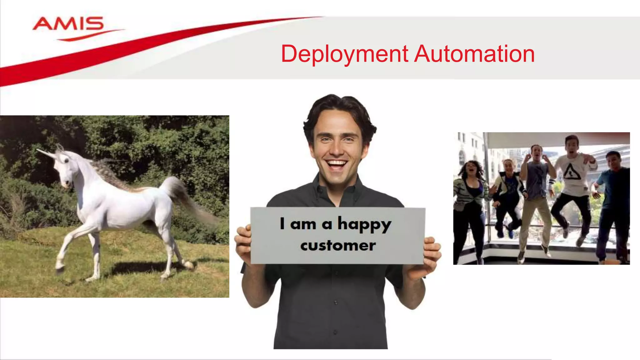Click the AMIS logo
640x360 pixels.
68,24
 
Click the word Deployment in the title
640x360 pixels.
344,54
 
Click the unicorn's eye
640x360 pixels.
66,160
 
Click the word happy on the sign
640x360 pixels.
364,224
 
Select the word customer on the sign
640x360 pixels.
338,246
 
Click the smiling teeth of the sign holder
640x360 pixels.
336,163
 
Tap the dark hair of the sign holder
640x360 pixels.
339,106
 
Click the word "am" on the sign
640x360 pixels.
303,224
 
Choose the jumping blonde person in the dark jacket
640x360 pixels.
508,191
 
